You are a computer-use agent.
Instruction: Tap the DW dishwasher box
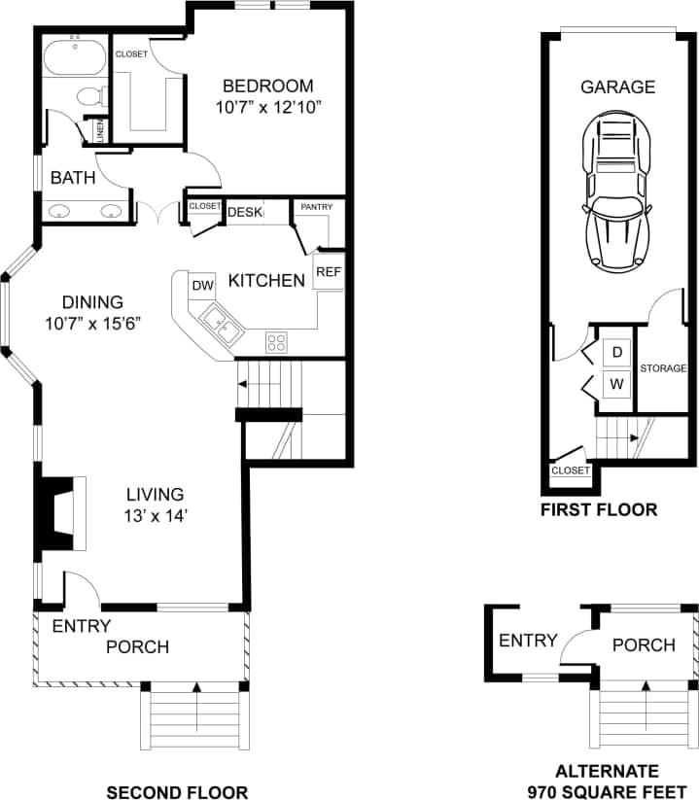coord(202,285)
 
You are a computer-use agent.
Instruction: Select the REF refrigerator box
coord(328,272)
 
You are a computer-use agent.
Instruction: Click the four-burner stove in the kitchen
coord(277,342)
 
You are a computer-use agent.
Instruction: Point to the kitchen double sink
coord(223,326)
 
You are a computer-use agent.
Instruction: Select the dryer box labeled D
coord(616,350)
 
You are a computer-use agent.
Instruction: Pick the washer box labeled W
coord(616,383)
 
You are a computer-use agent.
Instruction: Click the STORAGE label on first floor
coord(663,368)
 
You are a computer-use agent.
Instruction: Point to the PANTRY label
coord(317,207)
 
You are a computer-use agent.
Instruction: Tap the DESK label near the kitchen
coord(244,212)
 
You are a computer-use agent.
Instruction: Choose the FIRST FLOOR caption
coord(599,509)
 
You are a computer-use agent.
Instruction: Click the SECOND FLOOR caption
coord(177,791)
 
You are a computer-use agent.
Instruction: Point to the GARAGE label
coord(617,87)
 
